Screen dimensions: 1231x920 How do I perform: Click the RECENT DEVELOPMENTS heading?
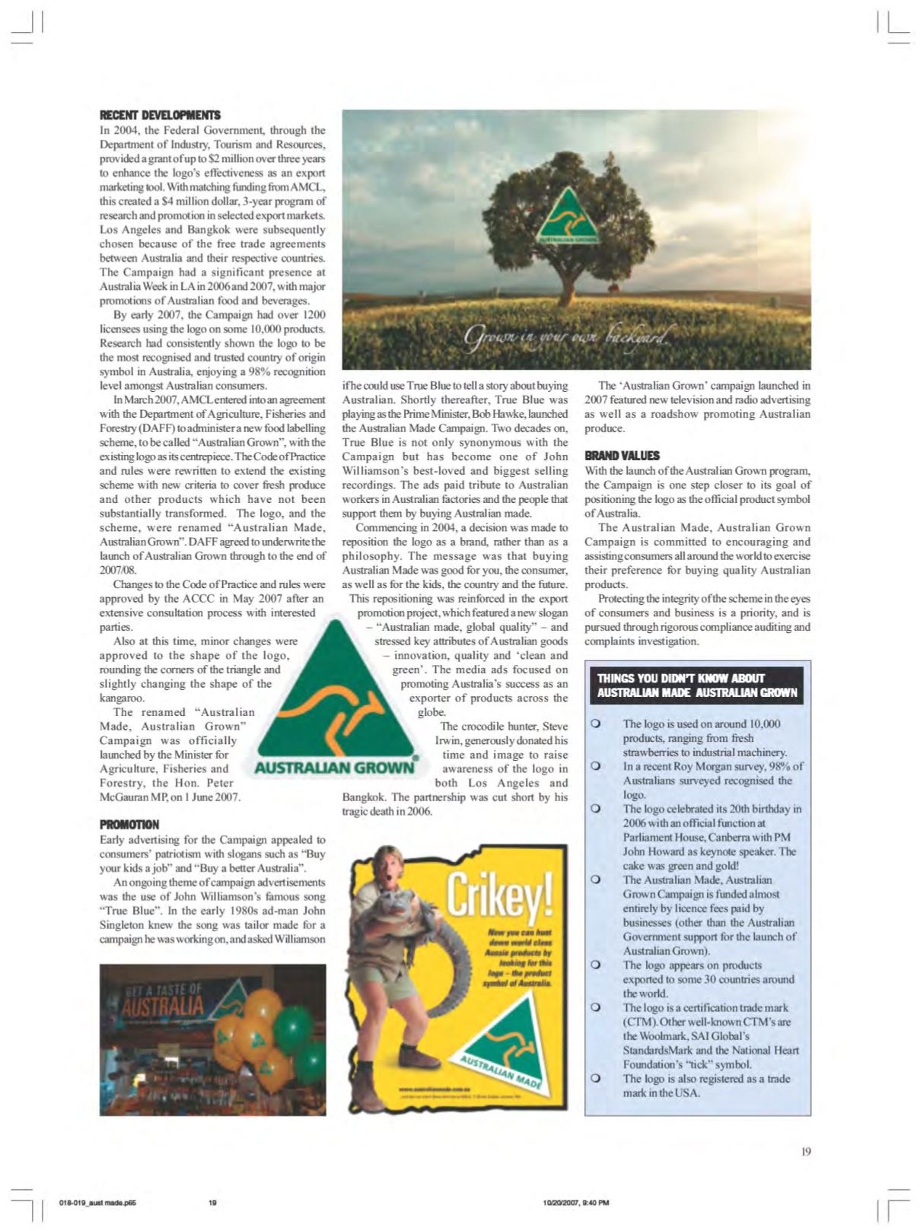[x=160, y=115]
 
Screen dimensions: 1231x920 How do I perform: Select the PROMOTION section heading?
[x=129, y=825]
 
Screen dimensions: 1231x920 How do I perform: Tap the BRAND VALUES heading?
[x=622, y=456]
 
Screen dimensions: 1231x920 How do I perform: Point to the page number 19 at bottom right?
[x=806, y=1152]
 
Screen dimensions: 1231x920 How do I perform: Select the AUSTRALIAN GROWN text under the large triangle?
[x=335, y=767]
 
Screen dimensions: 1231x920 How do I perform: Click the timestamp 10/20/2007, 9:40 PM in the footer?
[x=576, y=1203]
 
